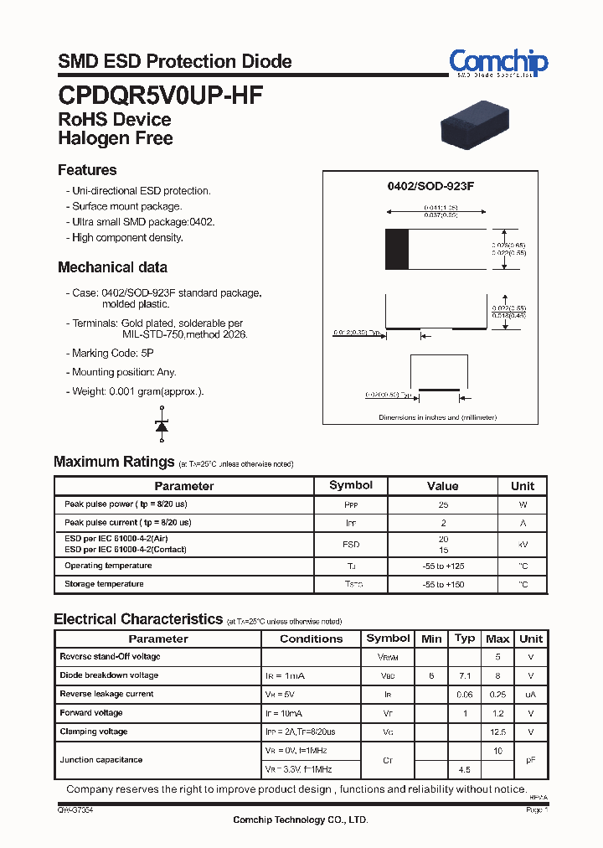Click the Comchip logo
tap(498, 62)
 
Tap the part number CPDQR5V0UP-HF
tap(160, 95)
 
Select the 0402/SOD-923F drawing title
tap(430, 186)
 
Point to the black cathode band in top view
tap(396, 249)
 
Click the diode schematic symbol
tap(162, 424)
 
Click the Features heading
tap(87, 170)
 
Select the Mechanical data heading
tap(112, 267)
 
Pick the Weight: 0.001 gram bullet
tap(137, 391)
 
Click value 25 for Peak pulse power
tap(442, 505)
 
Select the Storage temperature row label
tap(104, 584)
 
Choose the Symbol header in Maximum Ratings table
tap(351, 485)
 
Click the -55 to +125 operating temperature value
tap(442, 566)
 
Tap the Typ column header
tap(465, 639)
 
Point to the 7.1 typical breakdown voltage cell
tap(465, 675)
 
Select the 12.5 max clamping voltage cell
tap(497, 732)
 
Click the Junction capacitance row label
tap(101, 760)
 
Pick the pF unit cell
tap(530, 760)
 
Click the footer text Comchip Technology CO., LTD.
tap(300, 820)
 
